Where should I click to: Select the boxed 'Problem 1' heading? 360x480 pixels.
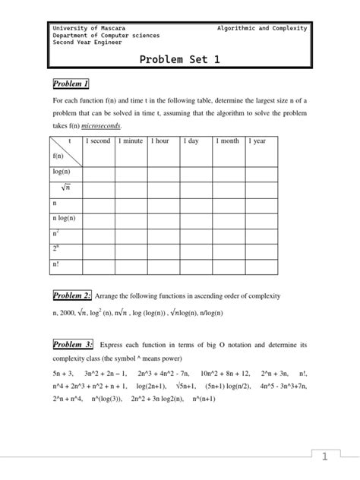[x=71, y=83]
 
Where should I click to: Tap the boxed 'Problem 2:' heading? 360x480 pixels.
[x=72, y=295]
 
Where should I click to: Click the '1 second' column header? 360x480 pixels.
[x=98, y=141]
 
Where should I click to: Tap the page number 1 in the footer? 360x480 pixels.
[x=324, y=457]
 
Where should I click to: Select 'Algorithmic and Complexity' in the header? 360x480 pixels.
[x=262, y=28]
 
